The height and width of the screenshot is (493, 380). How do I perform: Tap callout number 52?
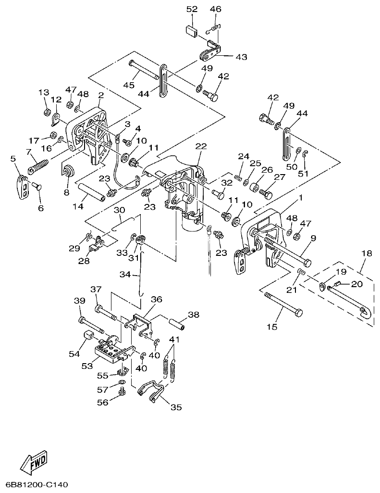click(x=192, y=9)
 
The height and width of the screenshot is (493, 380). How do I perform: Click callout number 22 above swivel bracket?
click(x=201, y=146)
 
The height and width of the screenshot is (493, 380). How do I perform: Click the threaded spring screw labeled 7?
click(x=39, y=166)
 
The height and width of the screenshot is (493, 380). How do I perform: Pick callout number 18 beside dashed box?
click(x=367, y=253)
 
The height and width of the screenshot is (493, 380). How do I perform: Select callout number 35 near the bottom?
click(x=176, y=407)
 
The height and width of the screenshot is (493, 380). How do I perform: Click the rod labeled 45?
click(x=144, y=70)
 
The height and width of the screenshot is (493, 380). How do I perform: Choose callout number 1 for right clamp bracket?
click(x=301, y=197)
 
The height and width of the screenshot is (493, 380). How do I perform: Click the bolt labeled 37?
click(x=107, y=311)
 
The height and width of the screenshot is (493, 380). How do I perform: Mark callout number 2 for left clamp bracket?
click(x=101, y=95)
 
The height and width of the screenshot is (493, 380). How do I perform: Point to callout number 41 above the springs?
click(x=173, y=340)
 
